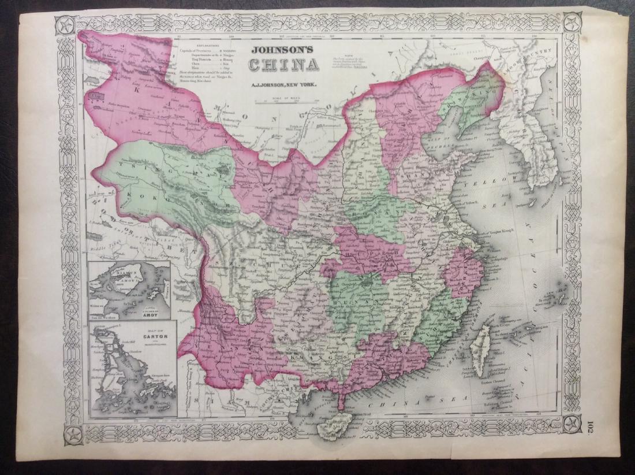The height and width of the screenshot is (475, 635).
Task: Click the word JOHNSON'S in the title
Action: (x=281, y=50)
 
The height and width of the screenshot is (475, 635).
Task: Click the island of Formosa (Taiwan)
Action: (x=480, y=347)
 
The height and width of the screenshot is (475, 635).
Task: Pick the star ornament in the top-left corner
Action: (x=66, y=25)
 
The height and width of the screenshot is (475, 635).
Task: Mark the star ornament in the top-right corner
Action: (x=572, y=24)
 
